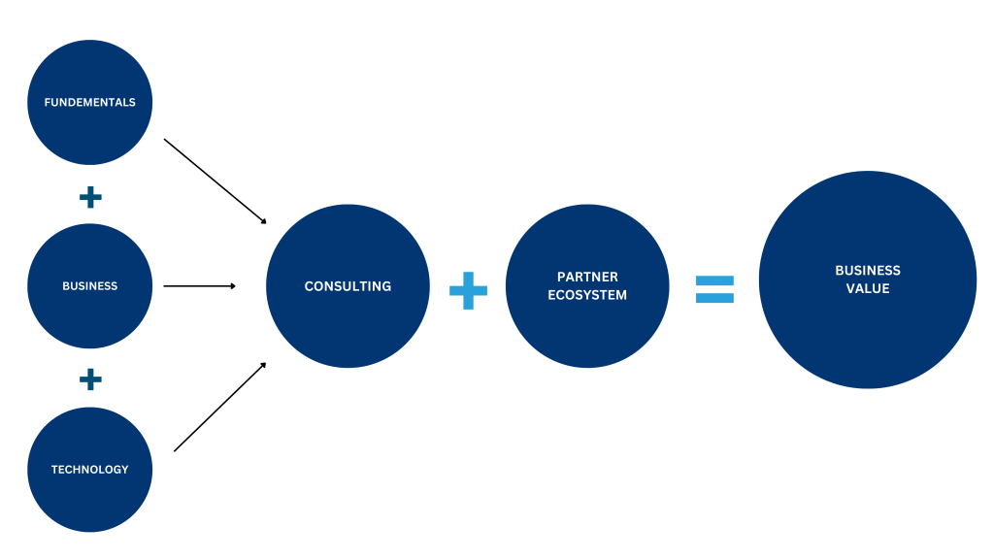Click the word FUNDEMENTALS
(x=89, y=102)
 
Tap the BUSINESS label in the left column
(x=89, y=286)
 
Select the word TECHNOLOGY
(x=89, y=470)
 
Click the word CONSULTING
(x=348, y=286)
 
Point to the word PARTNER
(x=587, y=278)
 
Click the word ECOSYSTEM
(x=587, y=295)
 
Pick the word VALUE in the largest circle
(x=868, y=288)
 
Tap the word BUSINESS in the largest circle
(x=868, y=271)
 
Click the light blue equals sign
(x=714, y=288)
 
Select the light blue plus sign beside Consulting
(x=468, y=290)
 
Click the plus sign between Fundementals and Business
(x=90, y=198)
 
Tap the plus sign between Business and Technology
(x=90, y=378)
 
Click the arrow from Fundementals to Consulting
(x=214, y=181)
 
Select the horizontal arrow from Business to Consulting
(x=199, y=286)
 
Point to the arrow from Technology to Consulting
(x=218, y=408)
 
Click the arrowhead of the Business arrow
(x=232, y=286)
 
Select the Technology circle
(x=89, y=505)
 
